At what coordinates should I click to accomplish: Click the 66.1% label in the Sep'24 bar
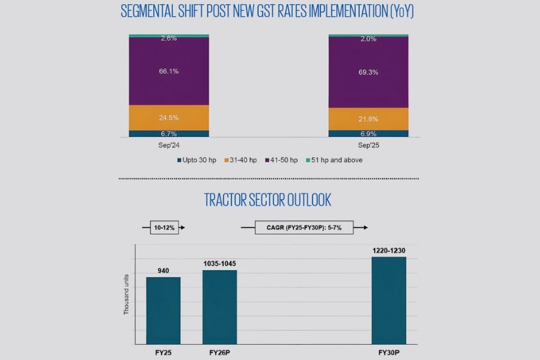(x=169, y=71)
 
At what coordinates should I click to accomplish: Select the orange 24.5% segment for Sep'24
(x=169, y=118)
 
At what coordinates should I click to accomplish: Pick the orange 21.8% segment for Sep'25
(x=368, y=119)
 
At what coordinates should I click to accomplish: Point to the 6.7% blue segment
(x=169, y=133)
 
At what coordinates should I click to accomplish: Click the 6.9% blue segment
(x=368, y=133)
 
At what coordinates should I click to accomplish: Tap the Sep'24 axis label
(x=169, y=146)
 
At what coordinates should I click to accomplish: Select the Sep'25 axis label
(x=368, y=146)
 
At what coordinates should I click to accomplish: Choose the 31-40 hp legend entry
(x=242, y=160)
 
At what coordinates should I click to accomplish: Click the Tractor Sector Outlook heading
(x=268, y=199)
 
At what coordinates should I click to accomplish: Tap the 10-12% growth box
(x=164, y=228)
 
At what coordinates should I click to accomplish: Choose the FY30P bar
(x=389, y=300)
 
